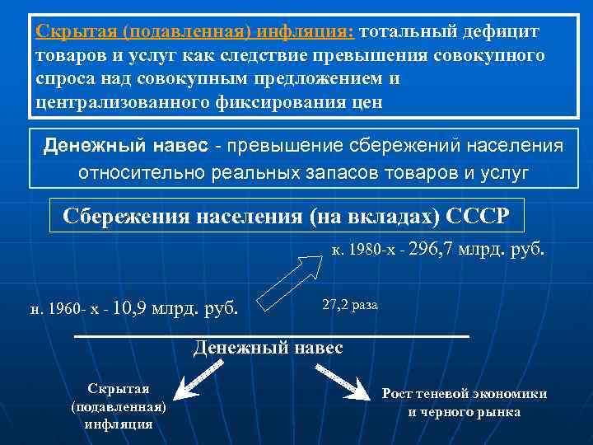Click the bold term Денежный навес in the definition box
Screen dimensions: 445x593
125,146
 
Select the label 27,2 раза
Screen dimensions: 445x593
350,304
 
